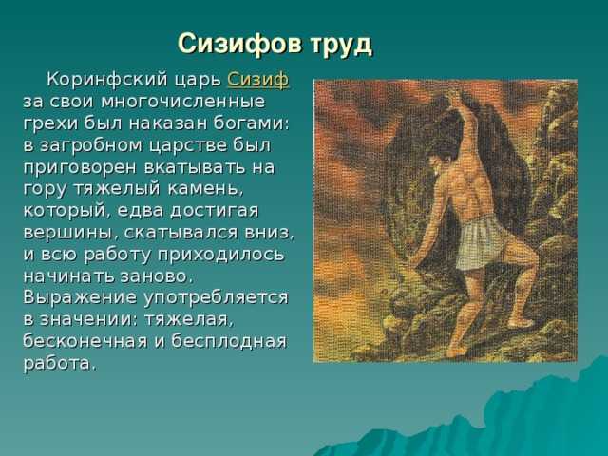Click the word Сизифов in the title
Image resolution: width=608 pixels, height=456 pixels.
[x=239, y=44]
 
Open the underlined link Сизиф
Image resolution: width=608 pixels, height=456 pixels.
[x=258, y=80]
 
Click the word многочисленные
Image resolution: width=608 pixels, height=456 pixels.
[x=183, y=102]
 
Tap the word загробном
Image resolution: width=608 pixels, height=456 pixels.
[x=91, y=146]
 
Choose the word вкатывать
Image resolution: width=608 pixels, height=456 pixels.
[x=196, y=167]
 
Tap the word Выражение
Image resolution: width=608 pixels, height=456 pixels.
[x=80, y=298]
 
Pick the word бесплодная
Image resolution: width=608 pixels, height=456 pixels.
[x=229, y=342]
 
